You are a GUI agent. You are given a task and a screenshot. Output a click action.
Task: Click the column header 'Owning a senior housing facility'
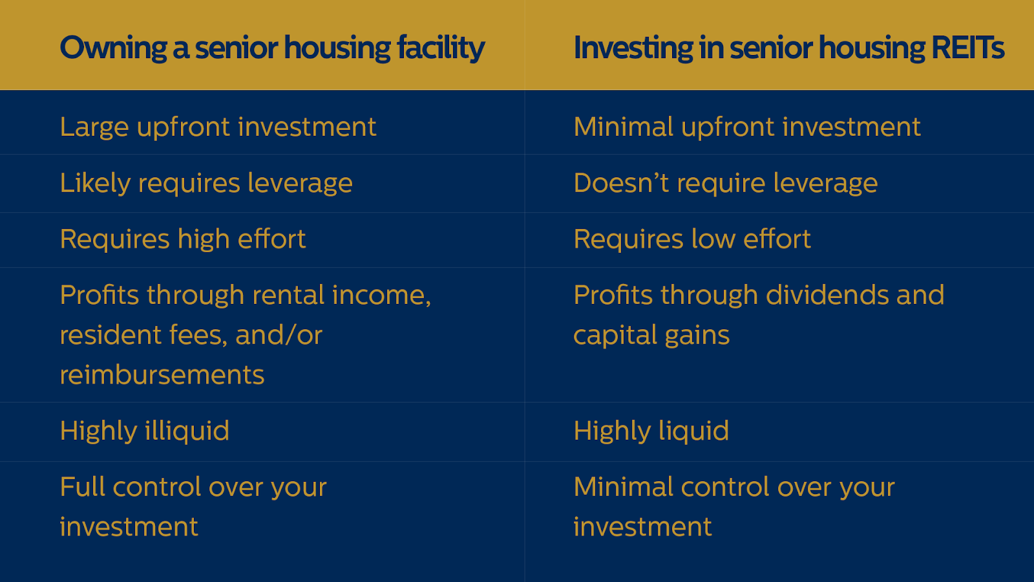pyautogui.click(x=272, y=48)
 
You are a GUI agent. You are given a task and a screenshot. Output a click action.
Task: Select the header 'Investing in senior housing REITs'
pyautogui.click(x=788, y=48)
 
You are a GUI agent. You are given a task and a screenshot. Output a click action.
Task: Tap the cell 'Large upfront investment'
pyautogui.click(x=218, y=127)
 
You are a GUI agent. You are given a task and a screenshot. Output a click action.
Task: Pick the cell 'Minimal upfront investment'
pyautogui.click(x=747, y=127)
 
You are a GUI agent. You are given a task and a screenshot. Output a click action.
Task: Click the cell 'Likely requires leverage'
pyautogui.click(x=206, y=184)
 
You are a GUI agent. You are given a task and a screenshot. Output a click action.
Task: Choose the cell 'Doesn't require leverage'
pyautogui.click(x=726, y=184)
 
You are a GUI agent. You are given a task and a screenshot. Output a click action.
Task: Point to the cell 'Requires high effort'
pyautogui.click(x=183, y=239)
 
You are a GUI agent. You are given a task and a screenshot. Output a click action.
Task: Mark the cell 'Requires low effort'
pyautogui.click(x=692, y=239)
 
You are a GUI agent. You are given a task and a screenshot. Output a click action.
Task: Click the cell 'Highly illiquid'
pyautogui.click(x=145, y=431)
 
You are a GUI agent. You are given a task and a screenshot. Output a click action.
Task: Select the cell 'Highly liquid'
pyautogui.click(x=651, y=431)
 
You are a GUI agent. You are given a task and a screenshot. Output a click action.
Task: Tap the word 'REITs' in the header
pyautogui.click(x=967, y=48)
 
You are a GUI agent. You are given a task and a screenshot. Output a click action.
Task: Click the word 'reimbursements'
pyautogui.click(x=162, y=375)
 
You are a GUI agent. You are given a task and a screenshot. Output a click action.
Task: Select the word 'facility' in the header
pyautogui.click(x=441, y=48)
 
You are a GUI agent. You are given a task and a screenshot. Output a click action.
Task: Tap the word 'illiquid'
pyautogui.click(x=187, y=431)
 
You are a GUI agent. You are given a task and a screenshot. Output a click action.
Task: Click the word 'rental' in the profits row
pyautogui.click(x=288, y=295)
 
